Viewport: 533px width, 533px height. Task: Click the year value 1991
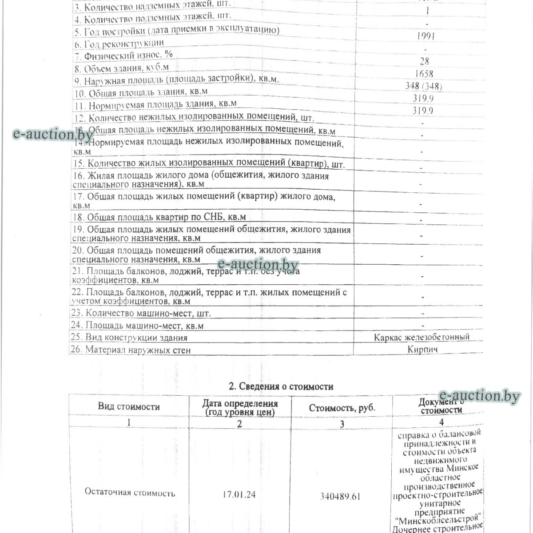point(426,36)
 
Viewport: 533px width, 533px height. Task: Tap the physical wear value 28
point(424,61)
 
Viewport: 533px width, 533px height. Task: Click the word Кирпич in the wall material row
point(422,350)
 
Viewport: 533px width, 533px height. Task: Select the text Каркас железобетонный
point(422,337)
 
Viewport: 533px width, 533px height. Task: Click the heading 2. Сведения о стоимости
point(281,386)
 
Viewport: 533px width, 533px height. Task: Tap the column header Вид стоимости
point(129,406)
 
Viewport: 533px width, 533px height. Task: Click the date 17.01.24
point(239,494)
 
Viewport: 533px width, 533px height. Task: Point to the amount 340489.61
point(341,496)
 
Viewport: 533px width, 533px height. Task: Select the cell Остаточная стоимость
point(129,493)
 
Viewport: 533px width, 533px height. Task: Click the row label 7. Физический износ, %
point(123,56)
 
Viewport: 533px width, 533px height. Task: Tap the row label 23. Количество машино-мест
point(141,313)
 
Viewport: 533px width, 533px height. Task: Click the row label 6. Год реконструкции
point(119,43)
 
